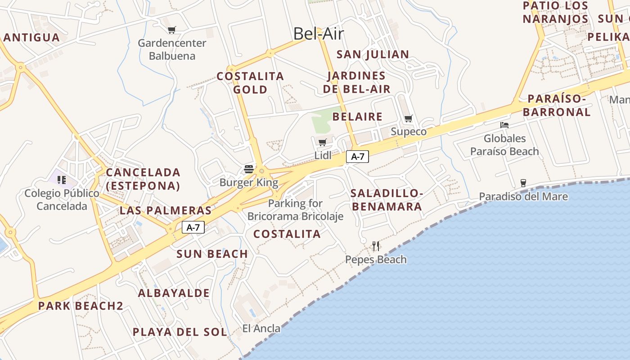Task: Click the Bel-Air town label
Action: click(319, 34)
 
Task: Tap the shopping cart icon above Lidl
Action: click(322, 143)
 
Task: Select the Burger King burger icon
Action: click(249, 169)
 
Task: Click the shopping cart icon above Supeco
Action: click(408, 119)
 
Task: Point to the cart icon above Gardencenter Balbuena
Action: click(171, 30)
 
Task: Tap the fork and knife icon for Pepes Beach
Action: click(376, 246)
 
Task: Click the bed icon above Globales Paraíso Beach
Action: click(504, 125)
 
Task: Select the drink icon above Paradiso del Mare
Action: click(523, 183)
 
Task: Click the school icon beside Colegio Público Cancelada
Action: click(62, 180)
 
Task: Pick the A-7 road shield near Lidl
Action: click(357, 157)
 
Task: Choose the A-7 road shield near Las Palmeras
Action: click(193, 228)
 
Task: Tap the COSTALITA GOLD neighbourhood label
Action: click(250, 83)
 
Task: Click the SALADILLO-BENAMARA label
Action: click(387, 200)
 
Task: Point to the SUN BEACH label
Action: click(212, 254)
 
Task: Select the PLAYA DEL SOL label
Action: click(180, 332)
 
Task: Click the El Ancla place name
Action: click(261, 328)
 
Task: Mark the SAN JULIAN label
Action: click(373, 54)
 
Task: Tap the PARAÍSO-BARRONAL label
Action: click(557, 105)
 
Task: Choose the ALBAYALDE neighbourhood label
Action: click(174, 293)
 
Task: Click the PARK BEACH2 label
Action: click(81, 306)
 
